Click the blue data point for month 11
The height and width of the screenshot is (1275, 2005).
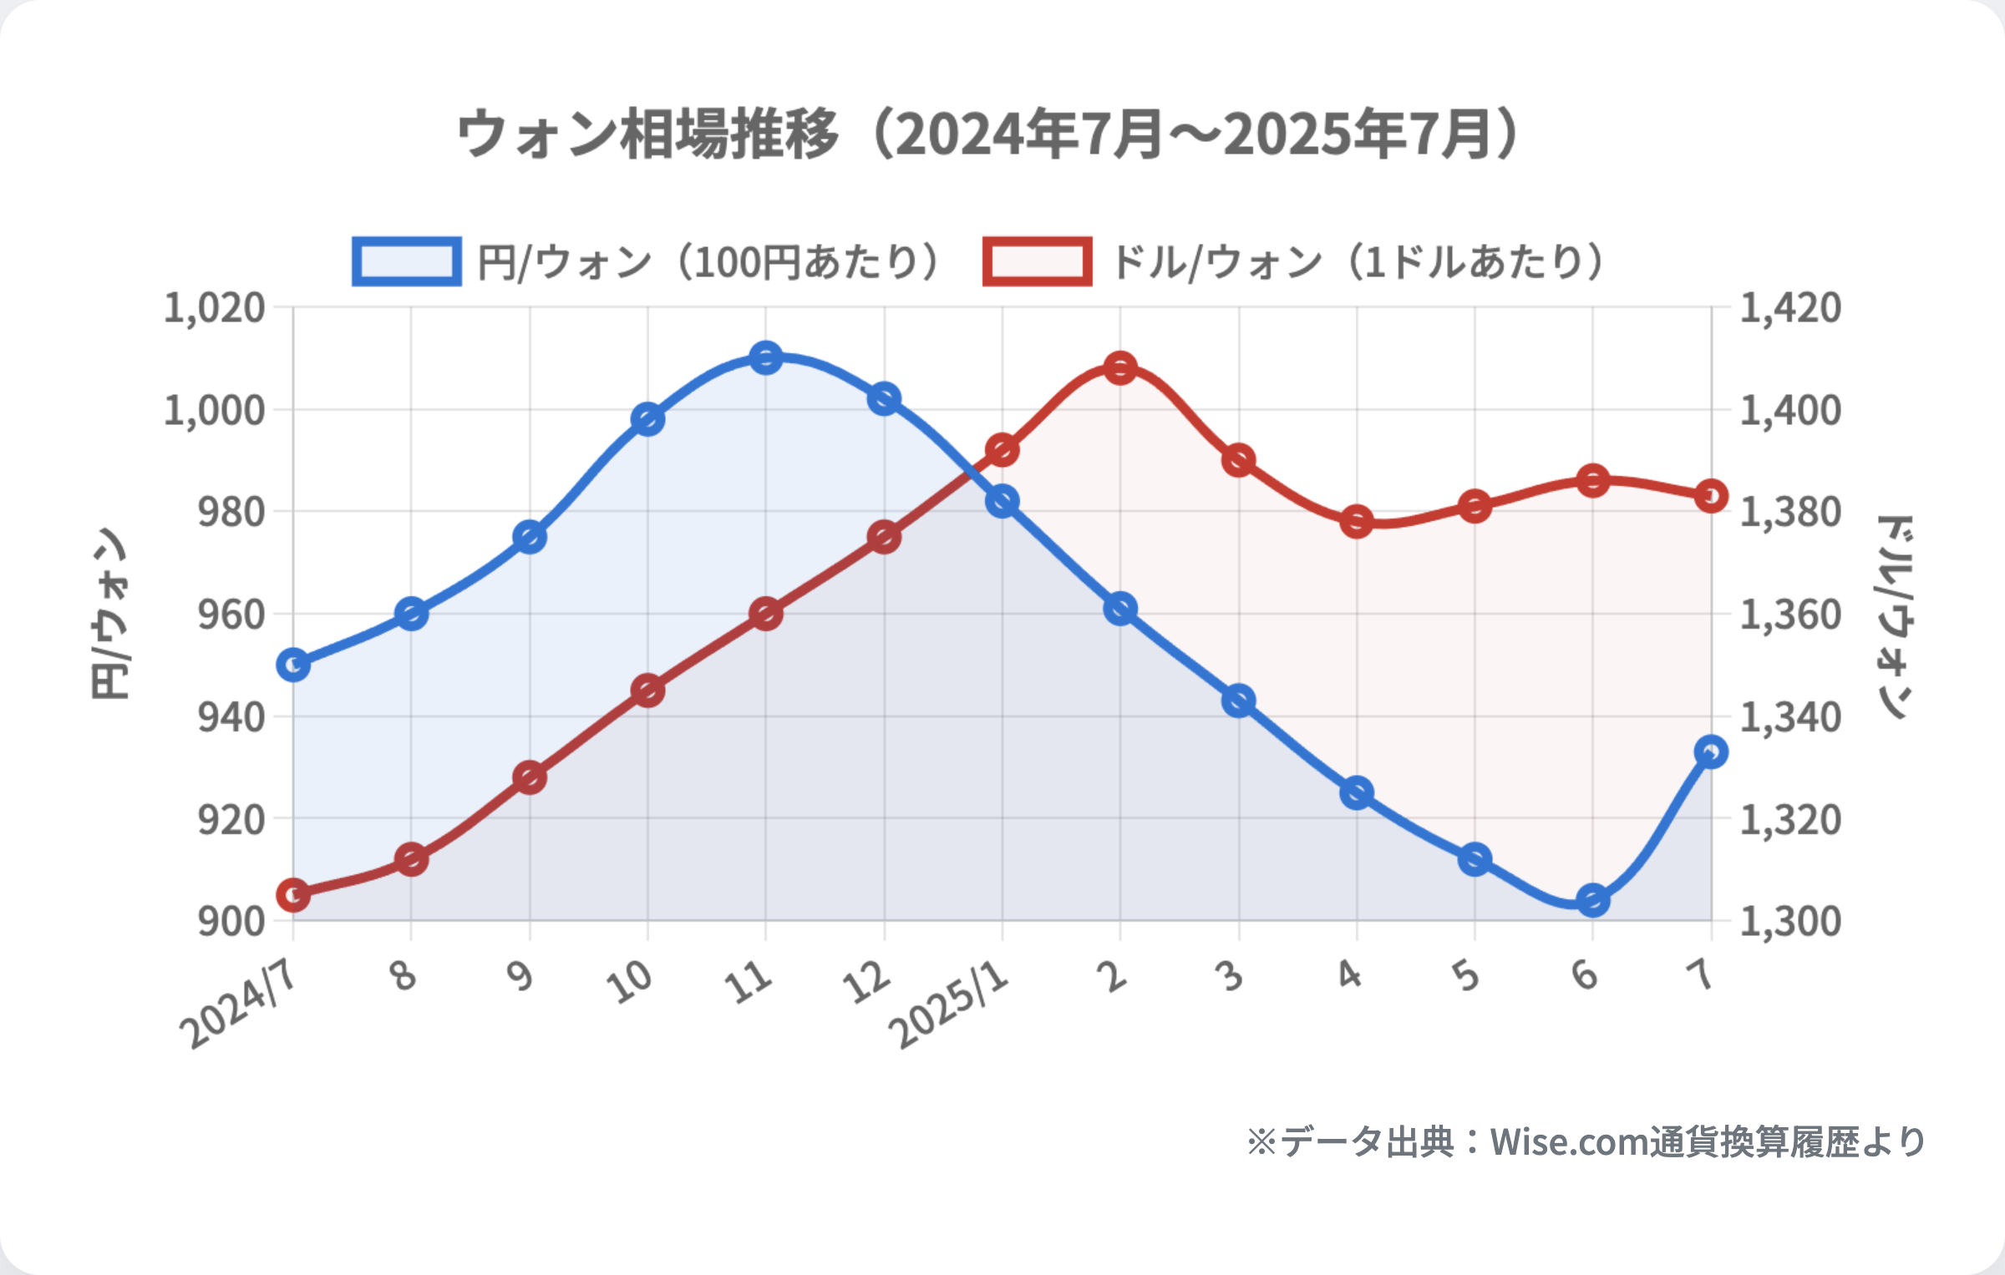coord(765,358)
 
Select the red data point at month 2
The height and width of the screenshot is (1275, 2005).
coord(1120,368)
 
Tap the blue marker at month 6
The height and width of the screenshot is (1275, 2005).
coord(1592,901)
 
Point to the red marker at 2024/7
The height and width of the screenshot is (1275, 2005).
coord(293,896)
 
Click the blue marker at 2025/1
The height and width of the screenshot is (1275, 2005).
coord(1002,502)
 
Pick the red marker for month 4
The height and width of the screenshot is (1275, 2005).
coord(1357,523)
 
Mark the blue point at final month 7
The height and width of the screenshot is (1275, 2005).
coord(1711,752)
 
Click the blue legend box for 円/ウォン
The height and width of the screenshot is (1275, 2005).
coord(406,262)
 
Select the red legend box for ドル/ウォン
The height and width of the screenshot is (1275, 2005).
coord(1037,262)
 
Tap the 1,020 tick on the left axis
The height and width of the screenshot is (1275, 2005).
coord(215,308)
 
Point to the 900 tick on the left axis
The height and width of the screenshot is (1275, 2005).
coord(231,921)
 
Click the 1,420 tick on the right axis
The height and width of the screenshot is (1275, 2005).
coord(1790,308)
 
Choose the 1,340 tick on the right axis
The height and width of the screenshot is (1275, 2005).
coord(1790,717)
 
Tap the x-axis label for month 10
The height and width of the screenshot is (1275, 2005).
coord(631,981)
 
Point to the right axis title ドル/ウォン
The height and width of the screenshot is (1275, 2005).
coord(1895,616)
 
